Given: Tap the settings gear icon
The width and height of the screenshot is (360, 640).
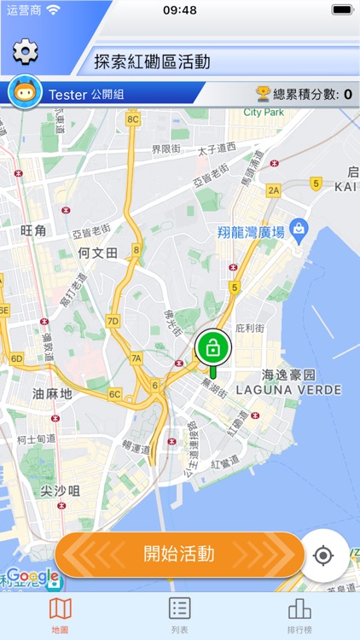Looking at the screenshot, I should (26, 52).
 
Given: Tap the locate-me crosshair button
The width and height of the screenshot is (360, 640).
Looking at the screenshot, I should (323, 556).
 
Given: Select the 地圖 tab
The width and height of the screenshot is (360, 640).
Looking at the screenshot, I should (60, 614).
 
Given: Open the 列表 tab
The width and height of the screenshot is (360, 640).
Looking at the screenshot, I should (179, 614).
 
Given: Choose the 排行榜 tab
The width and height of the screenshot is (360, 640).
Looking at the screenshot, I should (299, 614).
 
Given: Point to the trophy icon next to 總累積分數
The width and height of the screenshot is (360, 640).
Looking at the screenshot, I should (263, 94).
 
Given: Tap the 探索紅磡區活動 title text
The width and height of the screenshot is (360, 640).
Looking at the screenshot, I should (152, 61).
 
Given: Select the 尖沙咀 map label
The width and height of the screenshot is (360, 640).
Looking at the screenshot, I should (60, 491).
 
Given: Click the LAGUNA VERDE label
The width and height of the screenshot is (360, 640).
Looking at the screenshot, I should (289, 390).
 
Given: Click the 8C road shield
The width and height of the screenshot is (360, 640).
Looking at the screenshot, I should (132, 119).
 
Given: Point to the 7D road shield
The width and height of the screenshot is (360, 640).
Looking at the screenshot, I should (113, 321).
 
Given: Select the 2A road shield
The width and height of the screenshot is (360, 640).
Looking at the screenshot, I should (273, 190).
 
